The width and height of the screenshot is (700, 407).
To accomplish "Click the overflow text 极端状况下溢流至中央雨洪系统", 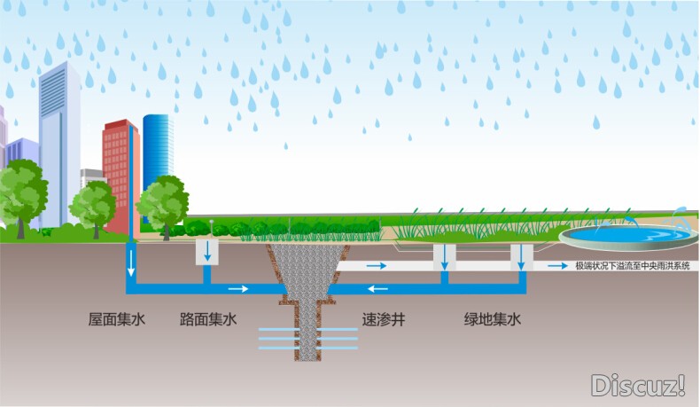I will [632, 265].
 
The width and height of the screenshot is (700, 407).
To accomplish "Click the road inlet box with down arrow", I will [207, 251].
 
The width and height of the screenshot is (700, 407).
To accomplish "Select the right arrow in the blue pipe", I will [238, 288].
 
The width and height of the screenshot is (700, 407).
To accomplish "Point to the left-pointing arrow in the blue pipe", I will [378, 288].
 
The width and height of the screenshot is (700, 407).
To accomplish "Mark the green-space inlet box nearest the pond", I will [520, 256].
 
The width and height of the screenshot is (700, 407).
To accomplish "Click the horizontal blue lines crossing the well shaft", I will [307, 338].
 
